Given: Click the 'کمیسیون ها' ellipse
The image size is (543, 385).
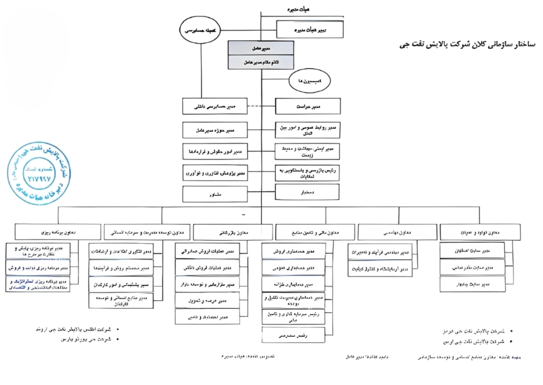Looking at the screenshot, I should (x=310, y=80).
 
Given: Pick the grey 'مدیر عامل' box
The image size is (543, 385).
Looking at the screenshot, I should (x=261, y=48).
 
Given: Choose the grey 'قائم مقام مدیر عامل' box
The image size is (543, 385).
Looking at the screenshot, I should (x=261, y=62).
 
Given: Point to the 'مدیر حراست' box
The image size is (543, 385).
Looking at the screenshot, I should (x=308, y=106).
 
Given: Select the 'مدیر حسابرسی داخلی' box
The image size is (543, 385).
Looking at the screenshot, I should (x=215, y=106).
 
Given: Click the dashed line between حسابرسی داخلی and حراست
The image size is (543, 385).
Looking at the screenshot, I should (x=261, y=106).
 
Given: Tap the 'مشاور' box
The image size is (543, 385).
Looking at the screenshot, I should (x=215, y=194).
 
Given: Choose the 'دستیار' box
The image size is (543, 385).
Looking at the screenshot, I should (x=308, y=192).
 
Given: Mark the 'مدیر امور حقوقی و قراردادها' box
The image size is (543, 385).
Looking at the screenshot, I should (x=215, y=151).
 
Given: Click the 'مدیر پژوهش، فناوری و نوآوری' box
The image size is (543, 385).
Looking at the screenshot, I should (x=215, y=172).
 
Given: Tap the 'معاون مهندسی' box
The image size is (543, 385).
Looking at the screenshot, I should (x=397, y=232).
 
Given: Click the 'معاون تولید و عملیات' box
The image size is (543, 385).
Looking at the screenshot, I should (x=480, y=232).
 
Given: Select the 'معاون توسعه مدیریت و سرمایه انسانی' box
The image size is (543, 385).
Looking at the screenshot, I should (x=147, y=232).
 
